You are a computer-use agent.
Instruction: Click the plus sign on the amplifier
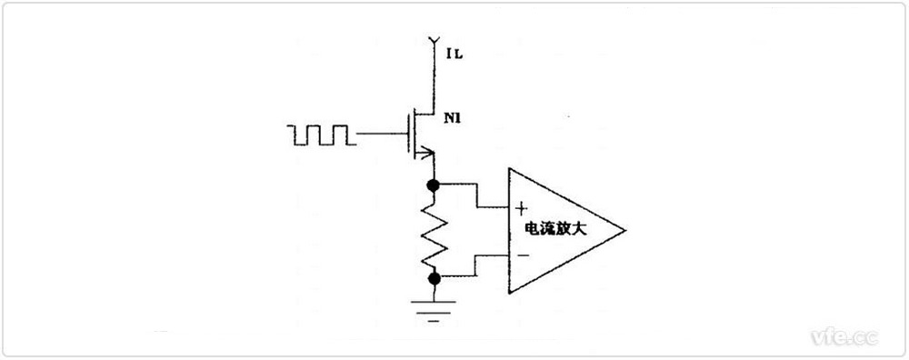pos(522,208)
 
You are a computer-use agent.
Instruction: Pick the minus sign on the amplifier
pos(522,255)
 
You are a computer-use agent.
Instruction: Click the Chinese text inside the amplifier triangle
pos(554,231)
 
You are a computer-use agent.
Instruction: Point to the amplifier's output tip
pos(624,231)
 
